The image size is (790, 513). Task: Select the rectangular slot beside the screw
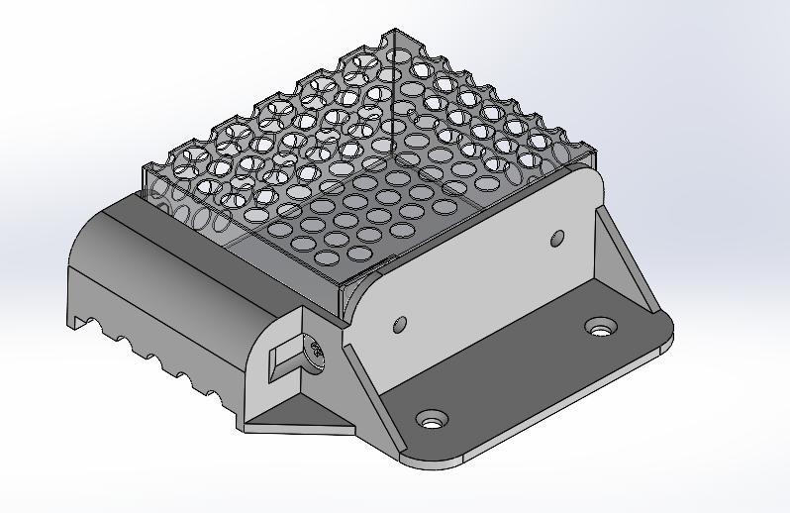click(286, 358)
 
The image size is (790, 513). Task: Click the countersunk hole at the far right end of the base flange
click(600, 326)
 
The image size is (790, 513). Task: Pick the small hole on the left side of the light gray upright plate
click(400, 324)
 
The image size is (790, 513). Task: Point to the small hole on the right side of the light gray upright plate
click(557, 238)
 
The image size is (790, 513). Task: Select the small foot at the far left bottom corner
click(75, 317)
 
